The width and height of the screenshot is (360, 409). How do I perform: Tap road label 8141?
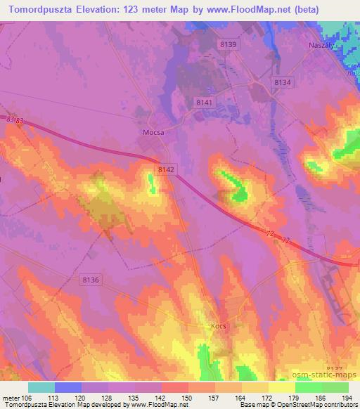click(x=205, y=103)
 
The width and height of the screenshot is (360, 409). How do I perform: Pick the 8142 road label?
click(x=167, y=170)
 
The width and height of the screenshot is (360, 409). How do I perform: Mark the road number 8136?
click(x=91, y=280)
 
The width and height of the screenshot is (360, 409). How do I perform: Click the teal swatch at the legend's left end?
click(x=41, y=387)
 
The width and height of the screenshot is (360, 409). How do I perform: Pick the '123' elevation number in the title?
click(x=136, y=10)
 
